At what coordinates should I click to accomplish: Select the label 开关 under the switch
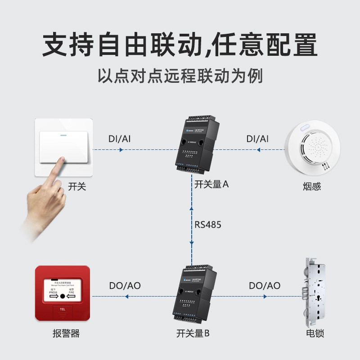click(77, 186)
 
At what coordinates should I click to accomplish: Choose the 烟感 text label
click(312, 186)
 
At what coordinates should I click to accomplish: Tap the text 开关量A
click(211, 184)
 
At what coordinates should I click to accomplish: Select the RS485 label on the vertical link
click(207, 225)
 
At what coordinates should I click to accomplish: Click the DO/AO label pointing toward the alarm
click(125, 286)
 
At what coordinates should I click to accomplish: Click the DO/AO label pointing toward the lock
click(265, 286)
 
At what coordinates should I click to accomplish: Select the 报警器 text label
click(66, 333)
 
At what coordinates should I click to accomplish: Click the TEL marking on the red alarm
click(63, 310)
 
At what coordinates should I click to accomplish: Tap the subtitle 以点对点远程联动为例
click(180, 76)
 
